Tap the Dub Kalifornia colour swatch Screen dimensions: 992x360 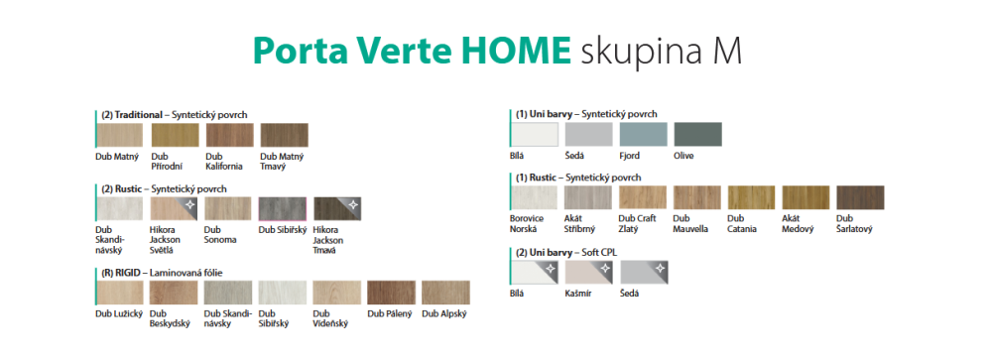tap(230, 135)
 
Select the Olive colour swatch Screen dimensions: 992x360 tap(697, 134)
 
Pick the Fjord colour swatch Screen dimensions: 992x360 tap(644, 134)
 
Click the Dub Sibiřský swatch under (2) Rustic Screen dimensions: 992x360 tap(282, 209)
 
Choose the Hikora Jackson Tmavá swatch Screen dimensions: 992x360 tap(337, 209)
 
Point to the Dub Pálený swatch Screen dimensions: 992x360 tap(392, 293)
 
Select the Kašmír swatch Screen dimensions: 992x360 tap(589, 272)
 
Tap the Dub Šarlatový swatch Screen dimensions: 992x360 tap(860, 197)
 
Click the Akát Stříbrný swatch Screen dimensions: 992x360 tap(588, 197)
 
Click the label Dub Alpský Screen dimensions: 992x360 tap(444, 313)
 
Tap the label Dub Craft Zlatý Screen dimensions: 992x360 tap(637, 223)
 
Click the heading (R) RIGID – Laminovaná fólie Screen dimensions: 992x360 tap(163, 273)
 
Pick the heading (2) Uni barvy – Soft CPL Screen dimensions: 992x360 tap(566, 253)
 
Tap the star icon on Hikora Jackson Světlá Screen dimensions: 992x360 tap(189, 204)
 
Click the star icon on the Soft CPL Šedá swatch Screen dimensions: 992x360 tap(660, 268)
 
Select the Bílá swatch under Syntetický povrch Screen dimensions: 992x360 tap(535, 134)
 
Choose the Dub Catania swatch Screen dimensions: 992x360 tap(752, 197)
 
